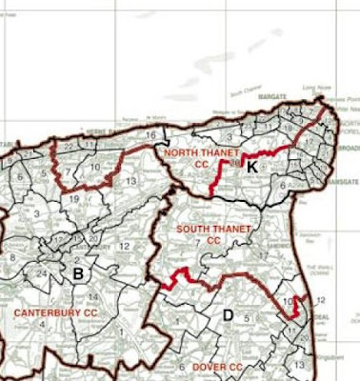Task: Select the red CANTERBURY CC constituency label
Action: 56,311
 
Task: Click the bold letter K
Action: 251,167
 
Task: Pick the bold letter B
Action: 78,275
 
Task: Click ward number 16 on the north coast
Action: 150,135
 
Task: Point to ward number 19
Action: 73,198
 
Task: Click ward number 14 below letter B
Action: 94,299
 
